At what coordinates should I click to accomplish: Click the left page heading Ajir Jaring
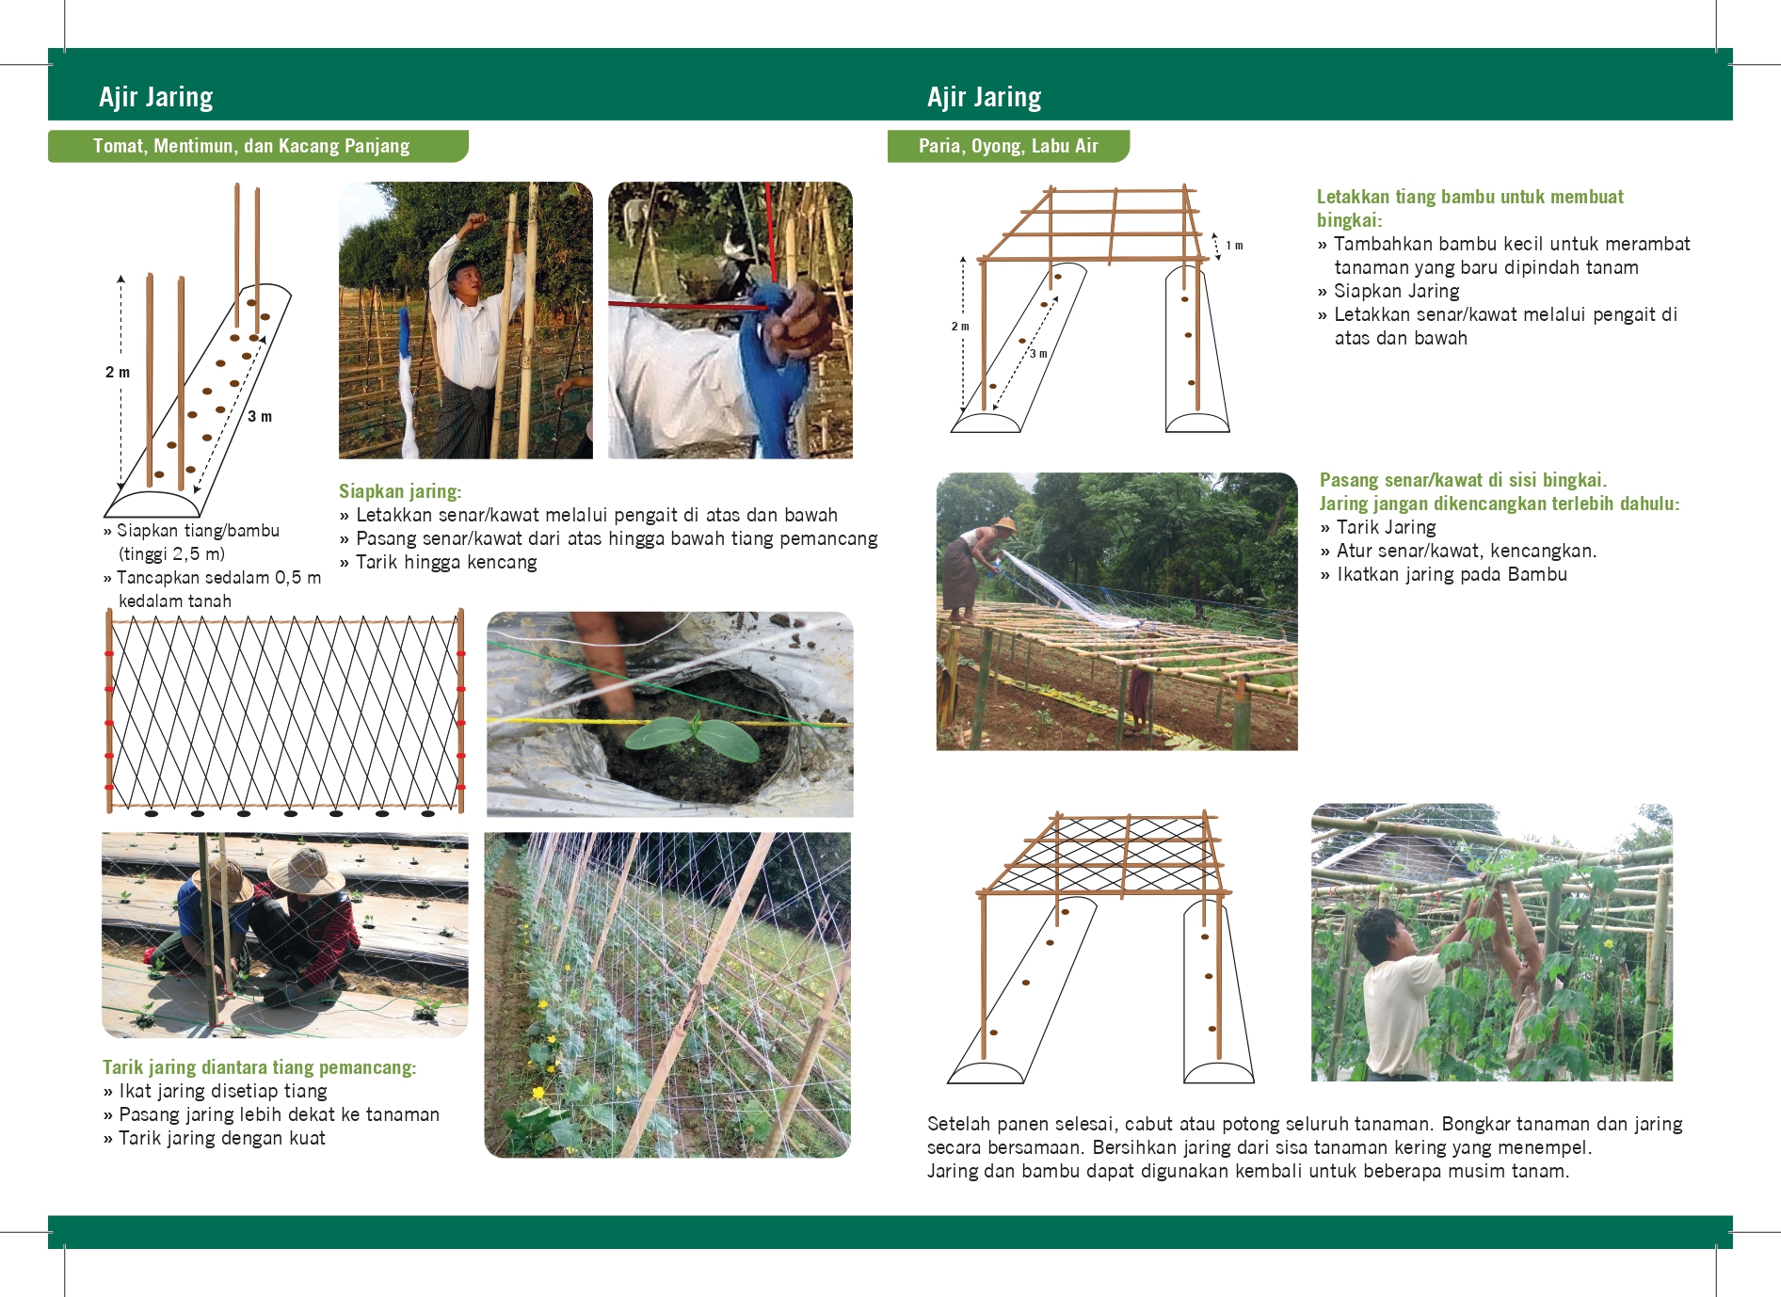click(x=156, y=97)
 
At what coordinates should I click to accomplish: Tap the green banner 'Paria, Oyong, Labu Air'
click(x=1008, y=146)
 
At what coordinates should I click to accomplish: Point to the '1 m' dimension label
click(x=1234, y=246)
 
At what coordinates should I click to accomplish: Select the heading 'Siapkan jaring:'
click(x=400, y=491)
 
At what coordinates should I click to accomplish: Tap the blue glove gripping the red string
click(x=774, y=367)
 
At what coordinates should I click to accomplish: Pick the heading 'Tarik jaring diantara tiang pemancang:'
click(x=259, y=1067)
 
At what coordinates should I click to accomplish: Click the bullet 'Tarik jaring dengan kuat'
click(x=222, y=1138)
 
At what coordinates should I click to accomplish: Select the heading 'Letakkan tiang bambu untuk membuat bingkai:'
click(x=1469, y=208)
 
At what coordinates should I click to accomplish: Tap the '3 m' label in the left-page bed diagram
click(x=260, y=416)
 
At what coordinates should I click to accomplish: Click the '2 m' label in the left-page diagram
click(x=118, y=372)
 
